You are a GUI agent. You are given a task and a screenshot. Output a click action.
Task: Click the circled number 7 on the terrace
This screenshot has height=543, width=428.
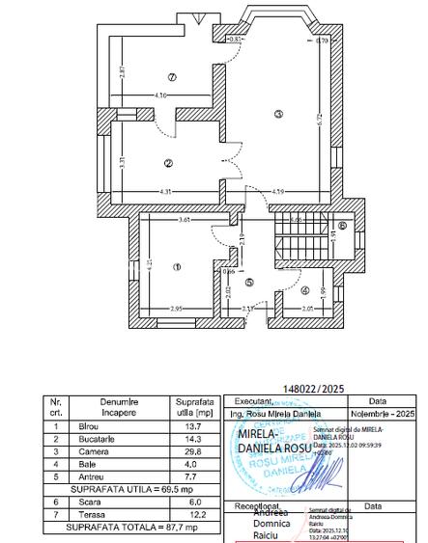[x=172, y=76]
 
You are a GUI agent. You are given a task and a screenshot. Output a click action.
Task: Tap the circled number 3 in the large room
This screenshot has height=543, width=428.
[x=278, y=115]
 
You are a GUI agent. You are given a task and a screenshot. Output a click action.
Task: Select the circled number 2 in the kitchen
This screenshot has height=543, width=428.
[x=168, y=163]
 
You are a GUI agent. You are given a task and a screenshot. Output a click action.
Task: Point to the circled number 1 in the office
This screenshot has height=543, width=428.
[x=177, y=267]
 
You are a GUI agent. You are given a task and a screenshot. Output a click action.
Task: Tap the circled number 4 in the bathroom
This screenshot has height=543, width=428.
[x=304, y=289]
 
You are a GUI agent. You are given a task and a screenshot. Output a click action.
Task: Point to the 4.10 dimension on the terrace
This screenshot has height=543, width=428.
[x=161, y=95]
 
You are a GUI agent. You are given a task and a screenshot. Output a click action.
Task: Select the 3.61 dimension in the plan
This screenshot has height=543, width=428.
[x=185, y=221]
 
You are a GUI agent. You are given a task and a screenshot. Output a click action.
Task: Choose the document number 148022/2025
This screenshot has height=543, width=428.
[x=314, y=390]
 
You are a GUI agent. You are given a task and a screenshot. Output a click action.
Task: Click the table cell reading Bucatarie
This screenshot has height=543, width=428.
[x=97, y=438]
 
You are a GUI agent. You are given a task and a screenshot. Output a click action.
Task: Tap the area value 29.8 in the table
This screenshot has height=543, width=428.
[x=193, y=450]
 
